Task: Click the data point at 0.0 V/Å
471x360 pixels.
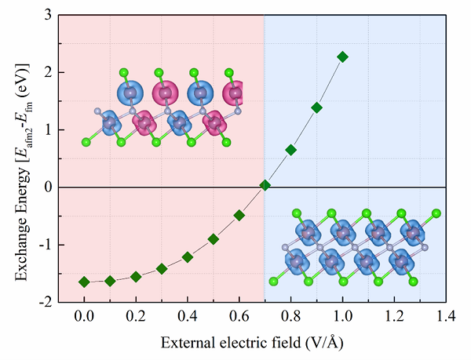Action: click(84, 282)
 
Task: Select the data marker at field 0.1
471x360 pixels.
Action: click(110, 281)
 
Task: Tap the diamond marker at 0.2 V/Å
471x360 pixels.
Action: click(136, 276)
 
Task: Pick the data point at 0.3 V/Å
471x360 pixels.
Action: click(162, 268)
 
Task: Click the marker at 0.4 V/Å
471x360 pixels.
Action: click(188, 256)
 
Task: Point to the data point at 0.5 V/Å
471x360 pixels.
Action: click(214, 238)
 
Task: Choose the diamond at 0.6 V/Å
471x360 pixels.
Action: click(239, 215)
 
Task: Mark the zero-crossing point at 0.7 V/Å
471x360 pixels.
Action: click(265, 185)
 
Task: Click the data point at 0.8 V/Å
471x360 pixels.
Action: click(291, 149)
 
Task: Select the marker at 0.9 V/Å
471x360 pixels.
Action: click(317, 107)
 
